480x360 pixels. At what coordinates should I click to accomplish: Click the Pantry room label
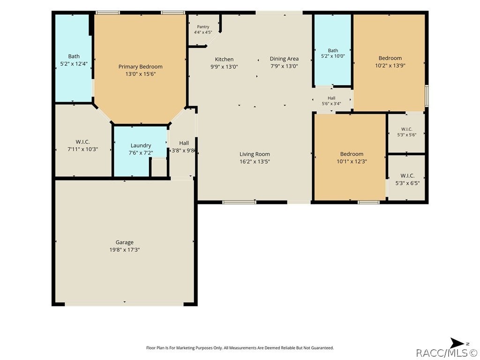pyautogui.click(x=203, y=27)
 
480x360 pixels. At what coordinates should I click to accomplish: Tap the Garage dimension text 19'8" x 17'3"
pyautogui.click(x=125, y=250)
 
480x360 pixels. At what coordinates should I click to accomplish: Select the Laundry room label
pyautogui.click(x=141, y=146)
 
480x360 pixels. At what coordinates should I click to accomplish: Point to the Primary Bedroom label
pyautogui.click(x=141, y=67)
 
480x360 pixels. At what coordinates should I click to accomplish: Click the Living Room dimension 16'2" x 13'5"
pyautogui.click(x=255, y=162)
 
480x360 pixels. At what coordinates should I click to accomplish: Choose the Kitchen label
pyautogui.click(x=224, y=60)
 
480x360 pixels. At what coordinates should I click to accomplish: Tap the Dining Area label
pyautogui.click(x=284, y=59)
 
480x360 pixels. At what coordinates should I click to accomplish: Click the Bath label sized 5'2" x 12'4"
pyautogui.click(x=74, y=56)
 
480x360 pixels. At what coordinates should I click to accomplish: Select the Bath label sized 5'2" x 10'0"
pyautogui.click(x=333, y=51)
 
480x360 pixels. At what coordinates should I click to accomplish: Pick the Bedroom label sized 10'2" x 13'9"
pyautogui.click(x=390, y=58)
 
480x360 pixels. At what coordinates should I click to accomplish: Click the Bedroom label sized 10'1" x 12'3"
pyautogui.click(x=352, y=154)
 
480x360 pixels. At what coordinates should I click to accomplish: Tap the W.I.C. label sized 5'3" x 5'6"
pyautogui.click(x=406, y=129)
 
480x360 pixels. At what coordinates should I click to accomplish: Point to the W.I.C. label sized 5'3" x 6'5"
pyautogui.click(x=407, y=176)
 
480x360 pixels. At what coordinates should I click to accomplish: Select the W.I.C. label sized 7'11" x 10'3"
pyautogui.click(x=82, y=142)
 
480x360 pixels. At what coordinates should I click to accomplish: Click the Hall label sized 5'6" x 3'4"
pyautogui.click(x=331, y=98)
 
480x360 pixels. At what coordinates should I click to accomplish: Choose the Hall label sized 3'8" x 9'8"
pyautogui.click(x=184, y=143)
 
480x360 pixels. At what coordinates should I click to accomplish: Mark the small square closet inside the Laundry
pyautogui.click(x=159, y=167)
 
